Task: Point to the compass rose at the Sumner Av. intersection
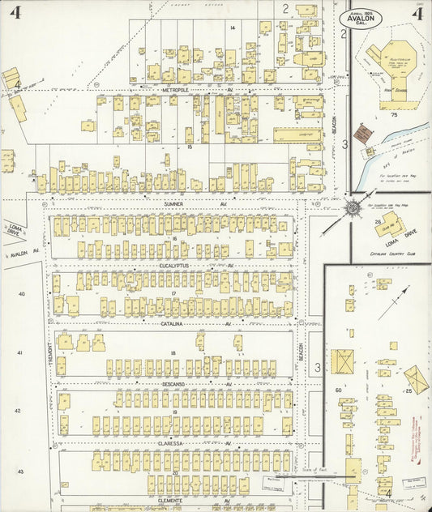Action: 353,207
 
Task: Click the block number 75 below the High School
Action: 394,116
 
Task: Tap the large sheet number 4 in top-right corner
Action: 417,13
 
